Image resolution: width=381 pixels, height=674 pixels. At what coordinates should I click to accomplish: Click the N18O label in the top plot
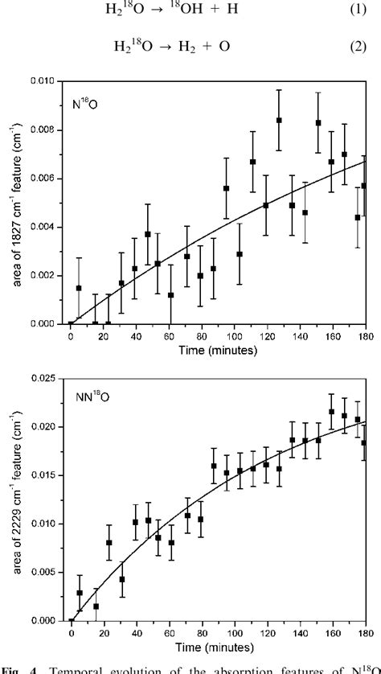(88, 105)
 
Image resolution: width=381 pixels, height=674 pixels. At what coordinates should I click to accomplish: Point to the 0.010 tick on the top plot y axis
(47, 81)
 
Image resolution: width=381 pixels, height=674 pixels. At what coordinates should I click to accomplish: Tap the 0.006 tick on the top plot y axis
(47, 179)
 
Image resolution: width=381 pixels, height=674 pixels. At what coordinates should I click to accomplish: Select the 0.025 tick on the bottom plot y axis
(47, 378)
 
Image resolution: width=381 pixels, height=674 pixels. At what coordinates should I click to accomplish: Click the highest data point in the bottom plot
(331, 412)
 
